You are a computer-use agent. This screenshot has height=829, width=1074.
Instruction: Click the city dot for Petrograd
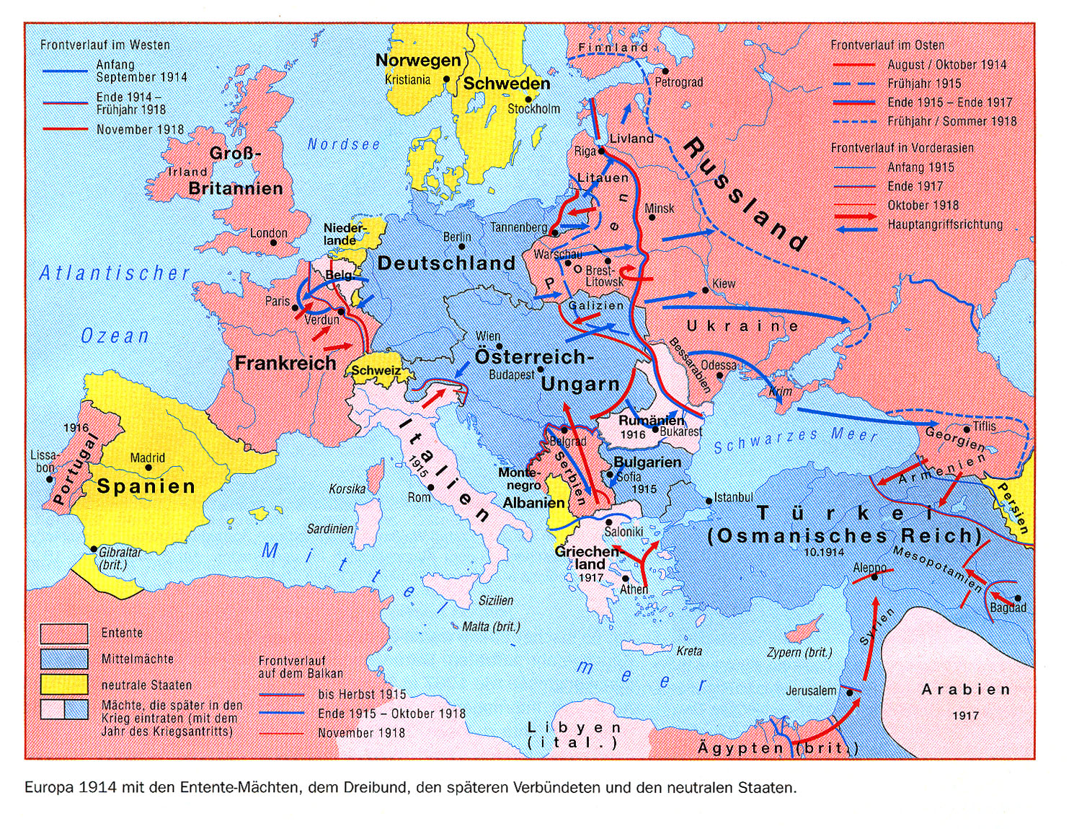665,71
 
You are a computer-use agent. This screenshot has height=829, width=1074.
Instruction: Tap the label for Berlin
457,237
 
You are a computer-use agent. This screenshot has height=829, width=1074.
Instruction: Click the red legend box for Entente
63,633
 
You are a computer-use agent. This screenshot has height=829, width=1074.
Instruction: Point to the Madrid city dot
148,468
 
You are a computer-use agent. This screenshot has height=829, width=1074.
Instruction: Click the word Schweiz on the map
376,370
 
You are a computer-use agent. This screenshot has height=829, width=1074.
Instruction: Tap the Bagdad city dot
1018,598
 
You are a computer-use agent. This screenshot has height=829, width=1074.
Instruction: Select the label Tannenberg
519,227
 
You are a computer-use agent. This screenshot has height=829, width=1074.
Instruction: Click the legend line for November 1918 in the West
67,130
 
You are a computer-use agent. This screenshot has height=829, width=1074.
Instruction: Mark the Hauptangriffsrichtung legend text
945,224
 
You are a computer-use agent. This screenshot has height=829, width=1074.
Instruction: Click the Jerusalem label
811,691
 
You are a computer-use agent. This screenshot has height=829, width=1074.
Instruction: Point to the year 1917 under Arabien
965,716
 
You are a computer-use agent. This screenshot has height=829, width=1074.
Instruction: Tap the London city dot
273,243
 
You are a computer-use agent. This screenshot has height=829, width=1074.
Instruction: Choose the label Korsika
347,489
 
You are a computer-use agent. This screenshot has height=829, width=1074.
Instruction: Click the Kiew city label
723,284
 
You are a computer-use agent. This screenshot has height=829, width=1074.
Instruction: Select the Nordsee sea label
343,144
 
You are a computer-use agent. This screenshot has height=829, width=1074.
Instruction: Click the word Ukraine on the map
742,326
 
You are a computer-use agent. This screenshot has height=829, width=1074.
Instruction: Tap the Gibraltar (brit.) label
120,558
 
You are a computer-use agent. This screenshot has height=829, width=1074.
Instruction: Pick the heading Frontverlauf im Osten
887,45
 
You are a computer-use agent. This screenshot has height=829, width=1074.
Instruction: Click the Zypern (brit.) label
799,652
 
